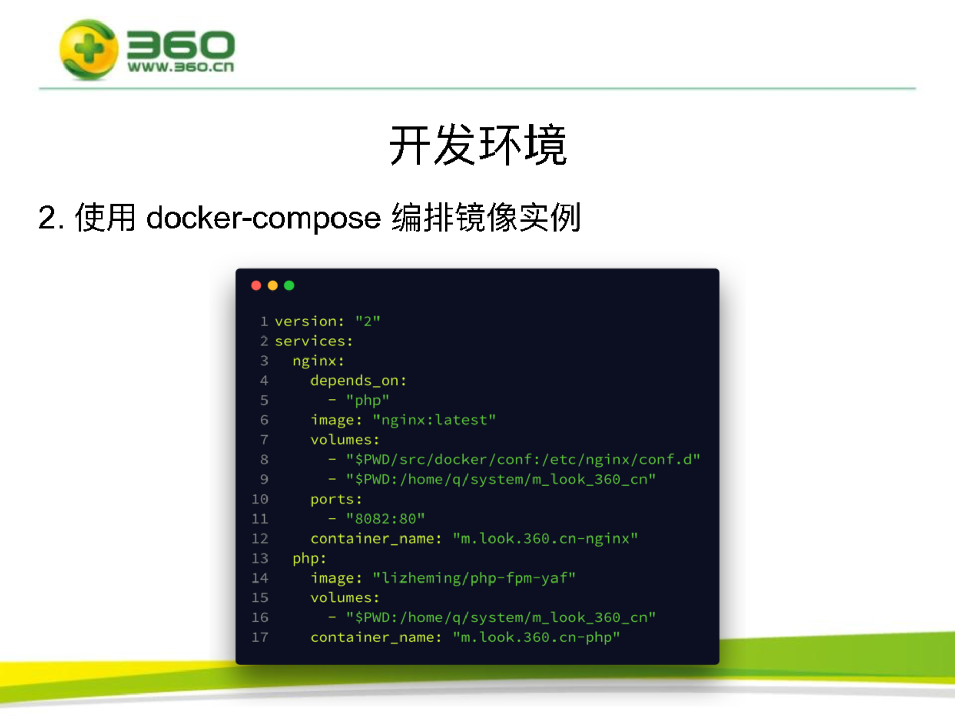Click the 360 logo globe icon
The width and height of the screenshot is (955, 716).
88,49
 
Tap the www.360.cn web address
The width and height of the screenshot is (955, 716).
181,67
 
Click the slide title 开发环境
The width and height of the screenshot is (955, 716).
478,145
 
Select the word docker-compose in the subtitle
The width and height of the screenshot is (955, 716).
263,218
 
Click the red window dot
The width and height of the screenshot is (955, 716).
256,285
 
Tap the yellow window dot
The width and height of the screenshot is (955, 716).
273,285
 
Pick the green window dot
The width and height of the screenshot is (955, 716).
289,285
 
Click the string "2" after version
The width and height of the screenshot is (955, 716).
368,321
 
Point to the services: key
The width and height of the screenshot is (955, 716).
314,341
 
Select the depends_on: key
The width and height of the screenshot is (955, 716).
358,381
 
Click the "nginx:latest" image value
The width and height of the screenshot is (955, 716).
434,420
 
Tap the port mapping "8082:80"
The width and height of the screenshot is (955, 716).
385,519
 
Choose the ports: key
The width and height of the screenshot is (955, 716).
336,499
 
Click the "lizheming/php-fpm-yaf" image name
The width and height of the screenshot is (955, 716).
474,578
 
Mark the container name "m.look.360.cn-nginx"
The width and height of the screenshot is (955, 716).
545,539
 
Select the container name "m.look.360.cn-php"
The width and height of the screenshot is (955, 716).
537,637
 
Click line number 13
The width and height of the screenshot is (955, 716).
260,558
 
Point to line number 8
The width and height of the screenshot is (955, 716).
264,460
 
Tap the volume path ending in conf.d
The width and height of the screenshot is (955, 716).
523,460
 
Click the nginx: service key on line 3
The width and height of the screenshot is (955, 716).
318,361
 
